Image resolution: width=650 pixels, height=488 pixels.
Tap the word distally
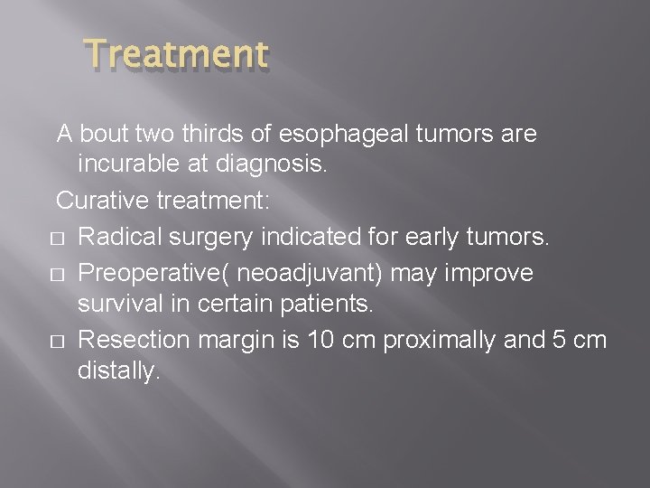(x=118, y=371)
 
